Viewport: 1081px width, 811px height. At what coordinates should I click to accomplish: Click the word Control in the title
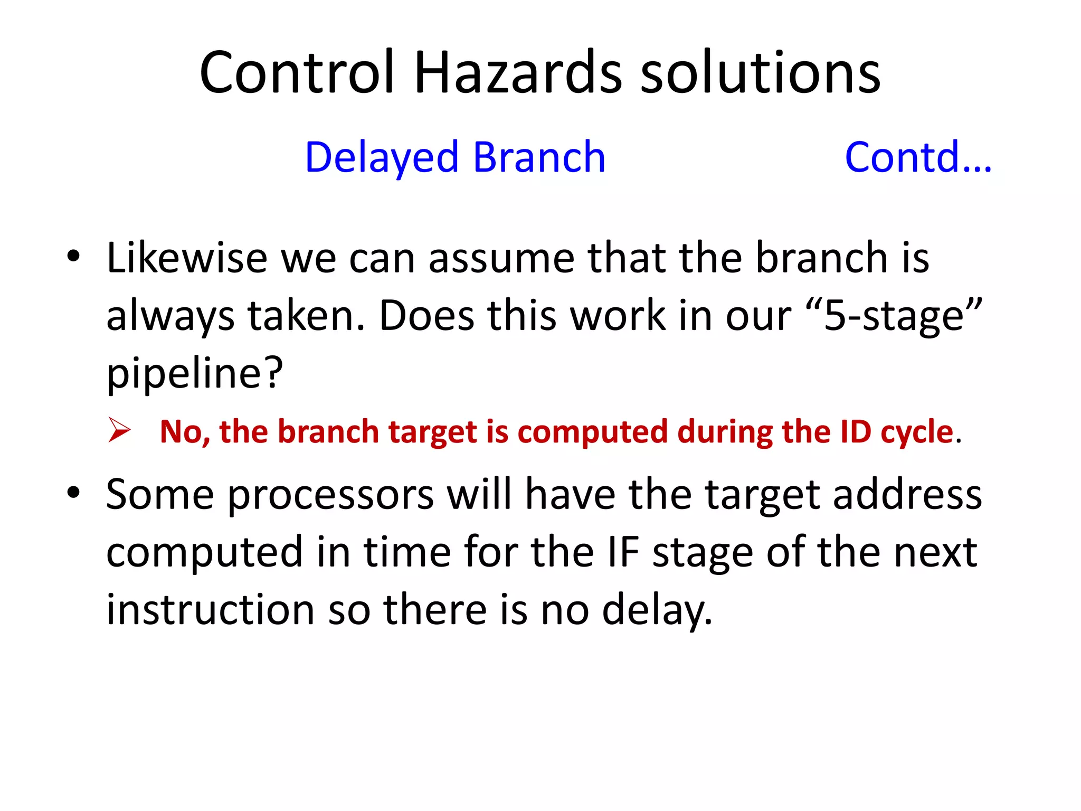click(297, 72)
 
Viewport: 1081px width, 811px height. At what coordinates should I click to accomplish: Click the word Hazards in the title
click(518, 72)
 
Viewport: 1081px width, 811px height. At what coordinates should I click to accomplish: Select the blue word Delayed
click(382, 157)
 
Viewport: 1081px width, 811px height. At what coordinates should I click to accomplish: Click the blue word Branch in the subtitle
click(539, 157)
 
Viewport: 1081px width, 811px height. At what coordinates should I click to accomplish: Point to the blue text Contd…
click(918, 157)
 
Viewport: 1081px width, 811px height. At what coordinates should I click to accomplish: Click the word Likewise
click(187, 258)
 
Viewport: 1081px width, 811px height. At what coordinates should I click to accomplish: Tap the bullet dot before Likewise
click(73, 257)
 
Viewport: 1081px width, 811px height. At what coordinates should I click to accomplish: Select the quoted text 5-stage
click(894, 316)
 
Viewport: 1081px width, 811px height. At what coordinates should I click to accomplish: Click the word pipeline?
click(195, 373)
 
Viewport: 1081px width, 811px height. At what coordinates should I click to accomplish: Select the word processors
click(330, 495)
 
